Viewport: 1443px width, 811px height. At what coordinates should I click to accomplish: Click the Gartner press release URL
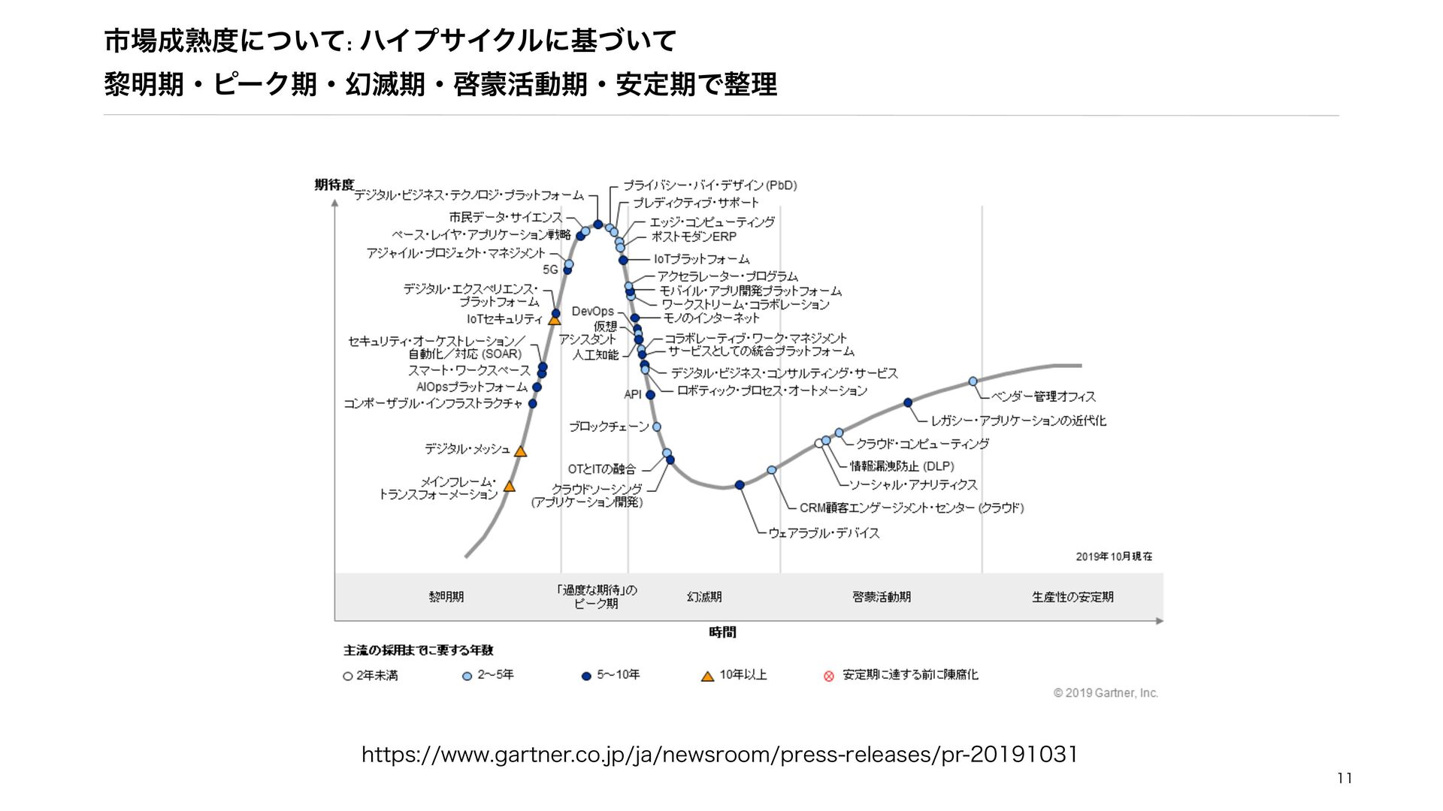click(x=719, y=754)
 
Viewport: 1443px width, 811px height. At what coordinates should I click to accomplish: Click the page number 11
click(x=1345, y=779)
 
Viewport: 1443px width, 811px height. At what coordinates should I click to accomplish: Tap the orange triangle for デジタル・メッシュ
click(x=520, y=451)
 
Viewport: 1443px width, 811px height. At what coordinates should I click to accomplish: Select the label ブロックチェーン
click(x=608, y=427)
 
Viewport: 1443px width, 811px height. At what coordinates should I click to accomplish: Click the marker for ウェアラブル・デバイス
click(x=740, y=485)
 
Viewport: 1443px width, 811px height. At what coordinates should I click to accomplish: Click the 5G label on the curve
click(x=550, y=270)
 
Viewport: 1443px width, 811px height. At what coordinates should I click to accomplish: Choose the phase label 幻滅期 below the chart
click(x=703, y=597)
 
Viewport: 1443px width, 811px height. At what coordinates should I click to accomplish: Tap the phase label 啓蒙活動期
click(x=881, y=597)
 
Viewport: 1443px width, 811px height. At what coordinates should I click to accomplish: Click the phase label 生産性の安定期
click(x=1072, y=597)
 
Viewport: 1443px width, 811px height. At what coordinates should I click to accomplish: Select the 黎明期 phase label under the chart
click(x=446, y=597)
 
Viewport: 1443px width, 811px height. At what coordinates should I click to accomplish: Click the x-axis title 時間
click(x=722, y=632)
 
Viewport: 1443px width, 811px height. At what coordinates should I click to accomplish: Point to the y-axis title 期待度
click(x=334, y=185)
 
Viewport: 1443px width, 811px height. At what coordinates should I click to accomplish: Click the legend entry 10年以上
click(x=743, y=675)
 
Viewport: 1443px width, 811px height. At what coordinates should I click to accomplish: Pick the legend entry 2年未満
click(x=377, y=676)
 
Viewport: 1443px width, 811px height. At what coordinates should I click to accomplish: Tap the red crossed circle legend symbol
click(x=829, y=676)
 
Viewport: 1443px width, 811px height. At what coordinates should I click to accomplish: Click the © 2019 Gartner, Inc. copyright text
click(x=1106, y=693)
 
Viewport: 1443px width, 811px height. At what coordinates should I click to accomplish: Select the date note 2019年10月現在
click(x=1114, y=556)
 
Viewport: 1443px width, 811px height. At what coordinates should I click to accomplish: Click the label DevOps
click(x=592, y=311)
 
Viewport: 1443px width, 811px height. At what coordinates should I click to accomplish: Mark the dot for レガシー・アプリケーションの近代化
click(x=908, y=403)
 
